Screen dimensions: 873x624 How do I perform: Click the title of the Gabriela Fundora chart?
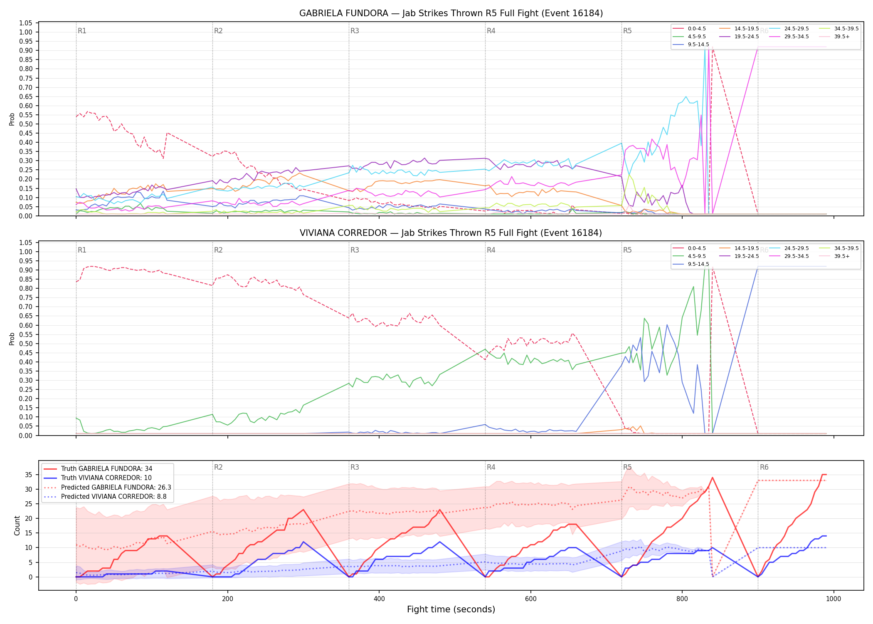pos(451,13)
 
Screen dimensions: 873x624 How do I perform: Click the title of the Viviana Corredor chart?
pos(451,233)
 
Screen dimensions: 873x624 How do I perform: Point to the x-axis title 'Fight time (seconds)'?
pos(451,609)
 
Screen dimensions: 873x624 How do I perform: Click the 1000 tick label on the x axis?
pos(833,599)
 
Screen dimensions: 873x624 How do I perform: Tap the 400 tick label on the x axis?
pos(379,599)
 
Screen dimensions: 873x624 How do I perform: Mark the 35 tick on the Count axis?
pos(28,475)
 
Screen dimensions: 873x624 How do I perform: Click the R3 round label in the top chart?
pos(355,31)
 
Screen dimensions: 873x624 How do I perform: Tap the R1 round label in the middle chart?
pos(82,250)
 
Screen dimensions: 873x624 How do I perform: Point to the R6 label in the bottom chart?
pos(764,467)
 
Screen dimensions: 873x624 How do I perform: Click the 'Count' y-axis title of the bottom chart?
pos(17,525)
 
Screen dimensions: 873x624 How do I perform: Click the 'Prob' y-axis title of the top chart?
pos(12,119)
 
